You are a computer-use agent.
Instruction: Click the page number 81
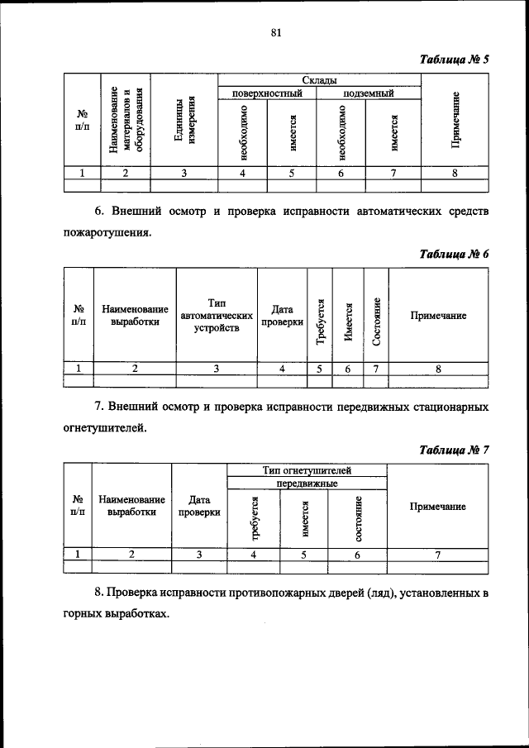click(275, 32)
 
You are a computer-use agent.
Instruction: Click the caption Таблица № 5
click(455, 60)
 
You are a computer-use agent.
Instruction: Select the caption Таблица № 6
click(455, 255)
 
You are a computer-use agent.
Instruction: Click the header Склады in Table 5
click(318, 79)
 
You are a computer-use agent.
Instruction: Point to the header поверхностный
click(268, 93)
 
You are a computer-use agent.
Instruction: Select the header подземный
click(369, 93)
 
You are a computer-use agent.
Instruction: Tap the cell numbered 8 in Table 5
click(455, 173)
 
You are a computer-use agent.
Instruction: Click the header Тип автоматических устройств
click(216, 316)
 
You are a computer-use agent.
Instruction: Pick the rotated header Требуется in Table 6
click(319, 321)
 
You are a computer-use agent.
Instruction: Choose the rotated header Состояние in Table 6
click(376, 321)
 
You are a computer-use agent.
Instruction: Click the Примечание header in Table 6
click(439, 316)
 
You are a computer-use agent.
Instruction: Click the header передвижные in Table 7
click(307, 483)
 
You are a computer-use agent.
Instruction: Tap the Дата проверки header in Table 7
click(199, 506)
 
